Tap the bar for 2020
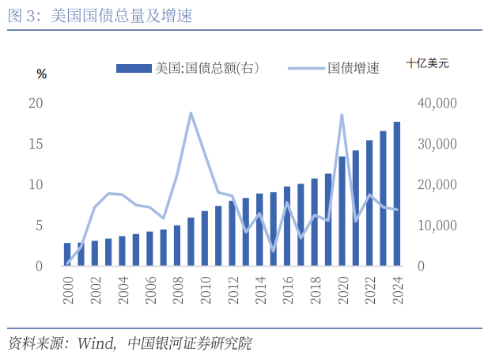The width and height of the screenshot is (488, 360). pos(342,211)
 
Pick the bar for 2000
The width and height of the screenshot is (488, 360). pos(67,254)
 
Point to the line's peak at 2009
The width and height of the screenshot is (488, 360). pos(191,113)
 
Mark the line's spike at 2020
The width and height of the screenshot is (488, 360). pos(342,115)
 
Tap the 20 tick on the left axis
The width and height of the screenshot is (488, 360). pos(36,103)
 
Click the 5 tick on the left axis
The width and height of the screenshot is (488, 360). pos(39,225)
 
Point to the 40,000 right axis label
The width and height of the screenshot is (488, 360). pos(437,103)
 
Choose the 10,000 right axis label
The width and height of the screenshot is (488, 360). pos(437,225)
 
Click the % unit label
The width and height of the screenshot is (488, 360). pos(42,74)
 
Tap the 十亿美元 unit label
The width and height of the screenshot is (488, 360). pos(427,64)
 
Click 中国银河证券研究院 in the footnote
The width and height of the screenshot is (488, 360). pos(191,343)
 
